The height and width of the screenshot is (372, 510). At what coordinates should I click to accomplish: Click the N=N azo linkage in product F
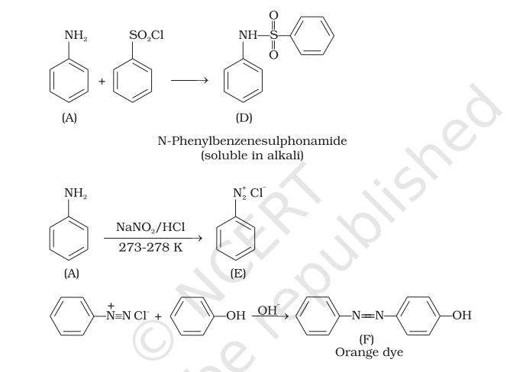[x=369, y=316]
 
